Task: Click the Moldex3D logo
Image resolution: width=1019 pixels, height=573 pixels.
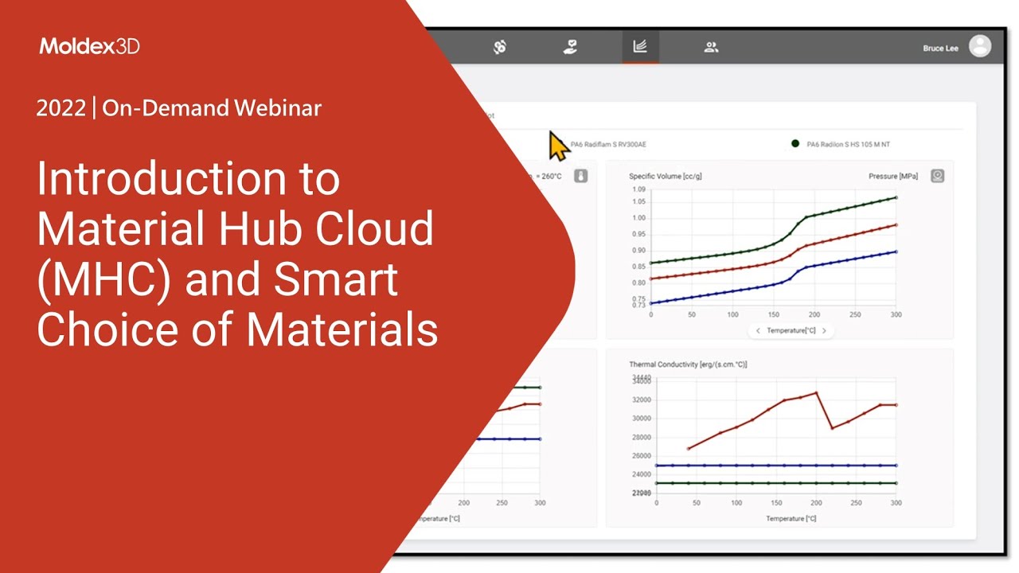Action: [89, 46]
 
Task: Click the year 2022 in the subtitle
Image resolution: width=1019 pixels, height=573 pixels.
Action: [61, 108]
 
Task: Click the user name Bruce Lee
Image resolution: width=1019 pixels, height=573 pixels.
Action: [940, 49]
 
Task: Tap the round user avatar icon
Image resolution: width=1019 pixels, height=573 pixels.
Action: [980, 46]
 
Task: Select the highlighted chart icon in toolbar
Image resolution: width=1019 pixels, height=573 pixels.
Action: [640, 47]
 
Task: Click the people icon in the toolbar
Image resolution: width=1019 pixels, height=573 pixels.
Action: [711, 47]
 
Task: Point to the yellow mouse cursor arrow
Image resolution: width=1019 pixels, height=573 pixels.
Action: [558, 146]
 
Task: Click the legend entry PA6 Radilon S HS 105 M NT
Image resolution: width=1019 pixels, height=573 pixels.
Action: [847, 144]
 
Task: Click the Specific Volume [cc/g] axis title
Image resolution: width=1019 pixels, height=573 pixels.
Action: [665, 176]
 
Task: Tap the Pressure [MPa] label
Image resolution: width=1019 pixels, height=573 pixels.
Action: [893, 176]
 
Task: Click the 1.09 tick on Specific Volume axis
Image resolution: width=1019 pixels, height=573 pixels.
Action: [638, 189]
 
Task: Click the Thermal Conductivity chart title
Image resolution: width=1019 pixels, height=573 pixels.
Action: [688, 364]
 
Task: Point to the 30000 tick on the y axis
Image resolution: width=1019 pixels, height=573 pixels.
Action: [641, 419]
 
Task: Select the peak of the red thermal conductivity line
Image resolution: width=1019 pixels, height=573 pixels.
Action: [816, 392]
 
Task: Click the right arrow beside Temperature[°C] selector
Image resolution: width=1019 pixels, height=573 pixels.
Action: [824, 330]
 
